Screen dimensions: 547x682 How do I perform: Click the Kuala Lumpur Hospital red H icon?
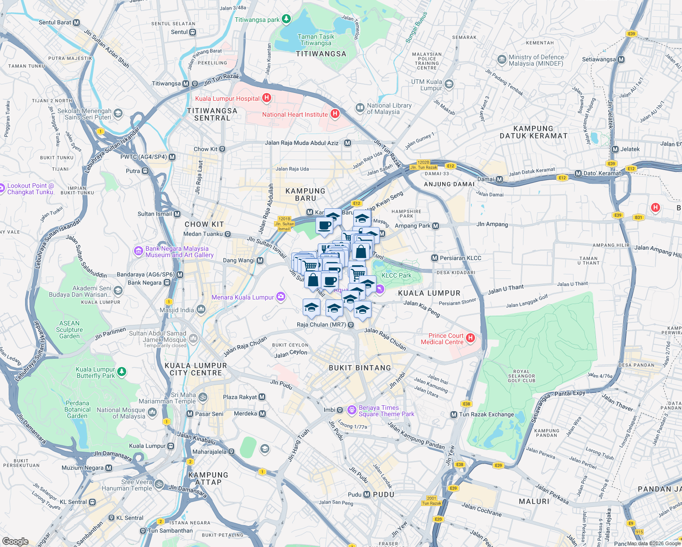tap(267, 98)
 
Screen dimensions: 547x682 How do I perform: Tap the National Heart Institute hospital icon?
tap(335, 114)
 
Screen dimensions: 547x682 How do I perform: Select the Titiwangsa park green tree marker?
tap(286, 19)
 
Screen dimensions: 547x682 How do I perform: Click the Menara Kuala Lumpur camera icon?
tap(281, 297)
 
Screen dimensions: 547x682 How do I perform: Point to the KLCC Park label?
tap(396, 275)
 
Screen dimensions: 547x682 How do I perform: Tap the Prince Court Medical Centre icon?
tap(470, 338)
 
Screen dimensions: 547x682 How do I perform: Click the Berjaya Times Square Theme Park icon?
tap(351, 410)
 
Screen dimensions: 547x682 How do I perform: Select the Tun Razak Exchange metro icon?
tap(454, 414)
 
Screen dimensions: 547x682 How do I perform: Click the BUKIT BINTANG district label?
tap(360, 368)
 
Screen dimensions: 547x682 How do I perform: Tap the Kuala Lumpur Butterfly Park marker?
tap(122, 372)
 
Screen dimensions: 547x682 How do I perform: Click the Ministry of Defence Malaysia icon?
tap(502, 60)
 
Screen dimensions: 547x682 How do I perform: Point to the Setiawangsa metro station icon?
tap(621, 59)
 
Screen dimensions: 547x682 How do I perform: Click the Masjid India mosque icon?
tap(201, 310)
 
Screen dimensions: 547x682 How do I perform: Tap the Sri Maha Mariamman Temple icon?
tap(203, 397)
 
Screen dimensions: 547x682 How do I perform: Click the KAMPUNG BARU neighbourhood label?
tap(305, 195)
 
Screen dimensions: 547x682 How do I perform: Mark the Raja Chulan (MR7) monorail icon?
tap(351, 325)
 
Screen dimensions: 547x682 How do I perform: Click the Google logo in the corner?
tap(15, 541)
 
